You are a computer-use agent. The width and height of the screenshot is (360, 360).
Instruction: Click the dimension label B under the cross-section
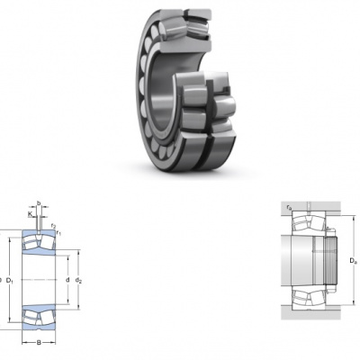39,343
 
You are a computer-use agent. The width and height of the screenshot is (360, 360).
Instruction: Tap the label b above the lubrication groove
39,203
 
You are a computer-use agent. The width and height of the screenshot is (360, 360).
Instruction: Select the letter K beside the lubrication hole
30,214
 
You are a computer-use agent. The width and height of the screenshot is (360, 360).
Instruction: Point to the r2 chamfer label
53,226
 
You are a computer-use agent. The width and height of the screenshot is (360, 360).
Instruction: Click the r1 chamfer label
58,232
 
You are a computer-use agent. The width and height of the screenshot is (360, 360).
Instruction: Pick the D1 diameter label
10,281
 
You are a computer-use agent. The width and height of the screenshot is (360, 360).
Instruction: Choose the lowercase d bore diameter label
67,280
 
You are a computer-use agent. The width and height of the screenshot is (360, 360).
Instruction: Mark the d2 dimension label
78,281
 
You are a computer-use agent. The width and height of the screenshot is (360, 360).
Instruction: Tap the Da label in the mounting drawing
353,261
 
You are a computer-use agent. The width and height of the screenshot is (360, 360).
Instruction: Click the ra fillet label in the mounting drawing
289,207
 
